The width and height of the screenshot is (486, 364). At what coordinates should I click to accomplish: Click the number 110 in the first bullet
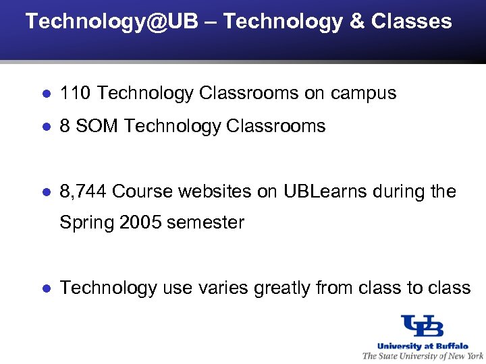click(72, 93)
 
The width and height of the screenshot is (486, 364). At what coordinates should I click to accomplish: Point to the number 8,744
click(83, 192)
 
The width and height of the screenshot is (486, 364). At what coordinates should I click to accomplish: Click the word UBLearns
click(326, 192)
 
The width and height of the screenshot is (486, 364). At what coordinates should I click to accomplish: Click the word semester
click(205, 222)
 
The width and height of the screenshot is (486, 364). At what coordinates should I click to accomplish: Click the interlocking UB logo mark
click(422, 326)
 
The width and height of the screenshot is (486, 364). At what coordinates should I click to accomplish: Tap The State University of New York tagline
click(423, 356)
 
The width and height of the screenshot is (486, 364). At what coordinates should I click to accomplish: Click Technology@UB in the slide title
click(112, 21)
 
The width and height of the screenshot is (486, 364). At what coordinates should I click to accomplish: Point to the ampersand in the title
click(356, 21)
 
